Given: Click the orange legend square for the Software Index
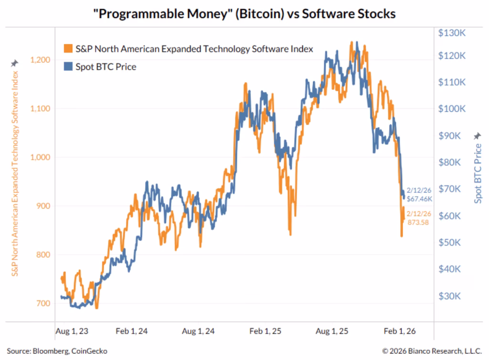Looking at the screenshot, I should pyautogui.click(x=68, y=49).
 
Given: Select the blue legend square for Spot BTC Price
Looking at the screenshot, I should pyautogui.click(x=68, y=66).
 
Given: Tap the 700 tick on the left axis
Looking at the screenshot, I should pyautogui.click(x=43, y=303).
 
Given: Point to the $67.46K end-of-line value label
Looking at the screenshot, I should pyautogui.click(x=419, y=199).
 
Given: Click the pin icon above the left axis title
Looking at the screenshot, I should pyautogui.click(x=14, y=63).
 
